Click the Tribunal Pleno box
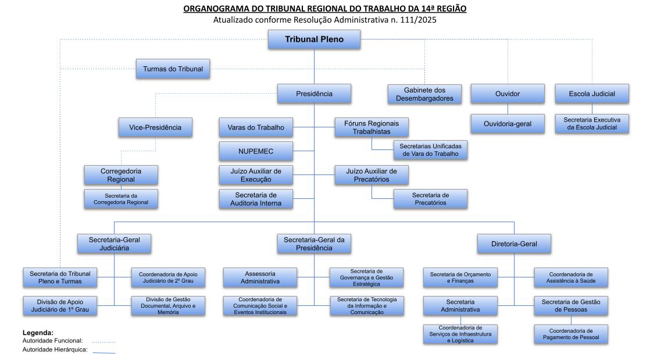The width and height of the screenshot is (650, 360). coord(314,40)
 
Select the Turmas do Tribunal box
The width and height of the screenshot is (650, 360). coord(173,69)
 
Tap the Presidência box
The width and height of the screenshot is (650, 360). coord(314,94)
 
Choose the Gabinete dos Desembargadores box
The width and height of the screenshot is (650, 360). coord(424,94)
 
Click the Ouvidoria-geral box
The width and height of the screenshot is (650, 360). coord(508,124)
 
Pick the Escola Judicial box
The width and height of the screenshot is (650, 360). coord(592,94)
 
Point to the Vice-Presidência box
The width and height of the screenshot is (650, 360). coord(155,127)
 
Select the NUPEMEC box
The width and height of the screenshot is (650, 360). coord(256,151)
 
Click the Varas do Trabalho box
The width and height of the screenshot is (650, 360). coord(256,127)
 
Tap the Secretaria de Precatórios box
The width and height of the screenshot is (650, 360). coord(430,199)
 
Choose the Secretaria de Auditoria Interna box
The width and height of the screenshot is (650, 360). coord(256,199)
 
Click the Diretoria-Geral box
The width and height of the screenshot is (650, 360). coord(514,244)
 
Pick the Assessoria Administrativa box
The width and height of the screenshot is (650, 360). coord(260,277)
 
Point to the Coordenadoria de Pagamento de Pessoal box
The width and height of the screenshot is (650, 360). coord(571,334)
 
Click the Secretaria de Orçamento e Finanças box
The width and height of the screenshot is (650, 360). coord(460,277)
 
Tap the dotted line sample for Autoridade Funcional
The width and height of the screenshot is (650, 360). coord(103,342)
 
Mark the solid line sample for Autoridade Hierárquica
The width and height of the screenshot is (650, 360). coord(103,351)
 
